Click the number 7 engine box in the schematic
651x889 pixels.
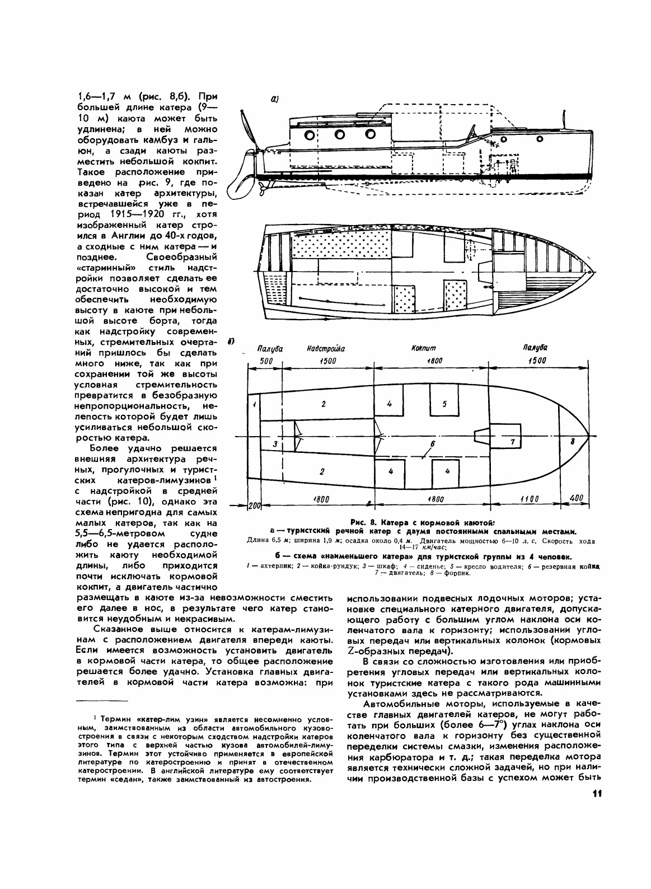click(x=512, y=441)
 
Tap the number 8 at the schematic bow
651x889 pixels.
click(x=572, y=441)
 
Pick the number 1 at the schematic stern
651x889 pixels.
click(x=254, y=404)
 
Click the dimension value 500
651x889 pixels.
click(x=266, y=361)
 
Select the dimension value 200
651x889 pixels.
click(x=255, y=505)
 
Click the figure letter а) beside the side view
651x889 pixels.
click(x=275, y=100)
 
